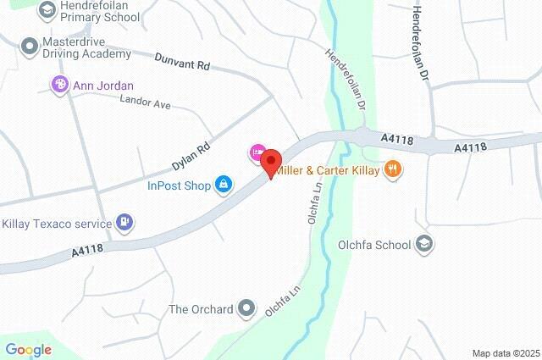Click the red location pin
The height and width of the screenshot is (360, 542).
tap(271, 162)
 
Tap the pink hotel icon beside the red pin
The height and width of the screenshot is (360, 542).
tap(256, 152)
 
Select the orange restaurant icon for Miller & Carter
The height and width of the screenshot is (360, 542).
tap(391, 169)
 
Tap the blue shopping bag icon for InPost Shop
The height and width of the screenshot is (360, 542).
tap(224, 183)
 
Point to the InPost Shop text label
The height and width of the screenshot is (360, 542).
tap(180, 183)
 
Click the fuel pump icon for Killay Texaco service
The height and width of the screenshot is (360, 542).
tap(125, 223)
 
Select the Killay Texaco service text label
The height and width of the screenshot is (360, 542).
tap(58, 224)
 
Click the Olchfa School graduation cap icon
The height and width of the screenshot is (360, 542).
tap(424, 245)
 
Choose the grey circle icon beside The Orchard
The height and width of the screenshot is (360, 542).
tap(246, 308)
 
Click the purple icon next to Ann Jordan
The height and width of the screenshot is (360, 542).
tap(59, 84)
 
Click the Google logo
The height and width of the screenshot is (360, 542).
tap(29, 350)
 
